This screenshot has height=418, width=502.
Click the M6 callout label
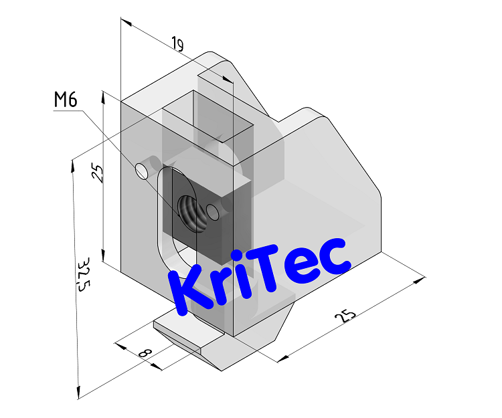66,100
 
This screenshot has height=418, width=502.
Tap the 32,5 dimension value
83,274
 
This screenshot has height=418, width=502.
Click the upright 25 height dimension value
98,174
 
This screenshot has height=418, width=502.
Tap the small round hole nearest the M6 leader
142,171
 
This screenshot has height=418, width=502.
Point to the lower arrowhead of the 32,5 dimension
79,393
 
